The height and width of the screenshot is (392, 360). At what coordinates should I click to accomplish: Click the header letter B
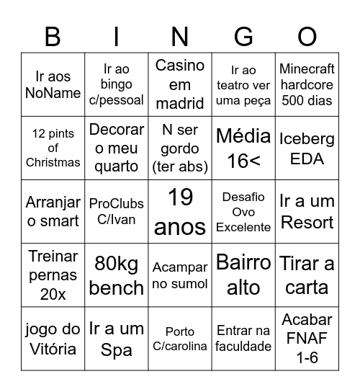click(53, 36)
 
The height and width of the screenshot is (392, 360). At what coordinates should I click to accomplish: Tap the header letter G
click(244, 36)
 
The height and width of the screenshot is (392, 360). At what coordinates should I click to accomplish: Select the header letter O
click(307, 36)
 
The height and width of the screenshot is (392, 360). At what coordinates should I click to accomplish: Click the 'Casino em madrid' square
click(180, 84)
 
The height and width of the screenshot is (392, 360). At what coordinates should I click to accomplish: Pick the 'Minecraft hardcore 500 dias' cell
click(307, 84)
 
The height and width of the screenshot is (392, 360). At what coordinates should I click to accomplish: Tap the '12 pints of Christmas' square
click(53, 148)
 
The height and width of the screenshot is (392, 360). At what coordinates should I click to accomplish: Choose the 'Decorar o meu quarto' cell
click(117, 148)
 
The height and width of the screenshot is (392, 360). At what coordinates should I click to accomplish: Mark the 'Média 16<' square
click(243, 148)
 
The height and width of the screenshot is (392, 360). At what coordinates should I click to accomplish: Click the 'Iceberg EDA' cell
click(307, 148)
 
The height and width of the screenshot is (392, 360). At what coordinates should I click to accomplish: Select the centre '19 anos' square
click(180, 211)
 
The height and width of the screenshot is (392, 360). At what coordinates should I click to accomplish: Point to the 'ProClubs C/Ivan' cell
click(117, 211)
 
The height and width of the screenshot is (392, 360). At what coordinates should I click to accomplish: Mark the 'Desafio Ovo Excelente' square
click(243, 211)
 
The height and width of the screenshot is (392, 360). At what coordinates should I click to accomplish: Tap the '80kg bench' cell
click(117, 275)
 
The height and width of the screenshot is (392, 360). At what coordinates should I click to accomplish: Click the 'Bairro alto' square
click(243, 275)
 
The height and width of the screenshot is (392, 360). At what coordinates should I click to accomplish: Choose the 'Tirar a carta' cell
click(307, 275)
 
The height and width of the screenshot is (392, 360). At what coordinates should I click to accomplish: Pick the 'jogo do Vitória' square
click(53, 339)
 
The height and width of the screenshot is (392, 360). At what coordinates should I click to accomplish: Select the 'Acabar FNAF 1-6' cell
click(307, 339)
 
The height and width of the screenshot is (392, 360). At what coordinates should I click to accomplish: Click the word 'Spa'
click(117, 350)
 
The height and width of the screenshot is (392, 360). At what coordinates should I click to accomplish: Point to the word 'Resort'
click(307, 222)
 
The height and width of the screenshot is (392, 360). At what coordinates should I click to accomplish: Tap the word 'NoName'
click(53, 93)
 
